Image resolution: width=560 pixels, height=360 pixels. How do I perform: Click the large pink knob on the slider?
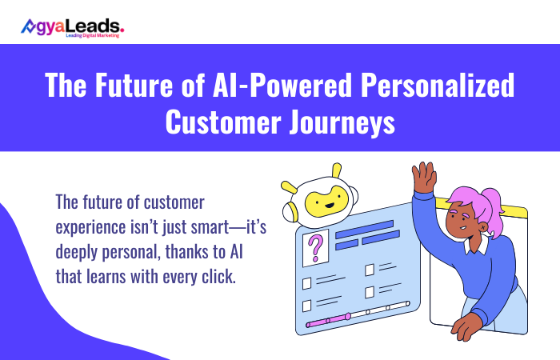click(x=346, y=317)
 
